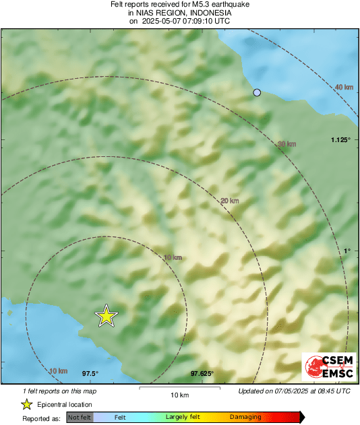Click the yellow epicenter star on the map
(x=106, y=315)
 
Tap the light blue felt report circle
(x=256, y=93)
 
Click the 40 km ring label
(x=344, y=88)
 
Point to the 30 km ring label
(x=287, y=143)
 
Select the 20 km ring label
(x=230, y=200)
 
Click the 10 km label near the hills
(x=173, y=257)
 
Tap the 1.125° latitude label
(x=341, y=139)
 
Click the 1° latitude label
(x=347, y=251)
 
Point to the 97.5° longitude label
(x=90, y=373)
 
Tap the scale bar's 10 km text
(x=179, y=395)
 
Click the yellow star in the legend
(x=26, y=404)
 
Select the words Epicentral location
(x=65, y=405)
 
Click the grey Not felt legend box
(x=79, y=418)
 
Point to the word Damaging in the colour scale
(x=245, y=418)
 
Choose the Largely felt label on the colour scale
(x=181, y=418)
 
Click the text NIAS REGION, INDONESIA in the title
(x=179, y=13)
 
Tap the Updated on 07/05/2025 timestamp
(x=294, y=391)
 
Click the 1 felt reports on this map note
(x=59, y=391)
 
